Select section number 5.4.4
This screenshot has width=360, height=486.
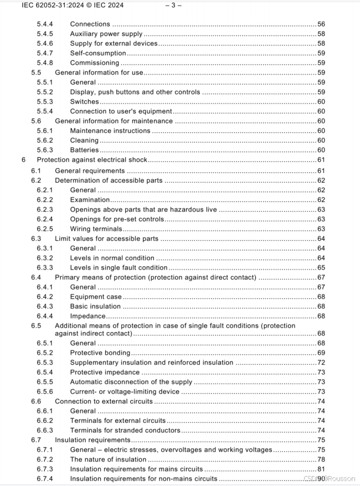click(45, 24)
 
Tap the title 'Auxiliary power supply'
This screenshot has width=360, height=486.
click(106, 34)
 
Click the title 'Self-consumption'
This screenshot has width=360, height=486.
click(98, 53)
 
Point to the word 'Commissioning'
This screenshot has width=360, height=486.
click(94, 63)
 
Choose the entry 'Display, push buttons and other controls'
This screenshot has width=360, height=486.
click(135, 92)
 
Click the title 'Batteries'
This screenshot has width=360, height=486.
click(85, 150)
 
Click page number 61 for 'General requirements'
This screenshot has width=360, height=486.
click(321, 170)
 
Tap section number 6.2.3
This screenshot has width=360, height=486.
click(45, 209)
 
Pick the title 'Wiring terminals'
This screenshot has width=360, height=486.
click(96, 229)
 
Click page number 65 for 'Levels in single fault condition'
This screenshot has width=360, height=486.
click(321, 268)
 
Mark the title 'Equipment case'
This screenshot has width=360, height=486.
click(96, 297)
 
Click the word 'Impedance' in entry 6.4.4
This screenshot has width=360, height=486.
click(88, 316)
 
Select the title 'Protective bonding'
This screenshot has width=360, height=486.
click(100, 353)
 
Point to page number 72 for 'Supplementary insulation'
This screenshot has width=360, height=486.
click(321, 363)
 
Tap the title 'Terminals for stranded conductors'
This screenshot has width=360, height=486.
click(125, 430)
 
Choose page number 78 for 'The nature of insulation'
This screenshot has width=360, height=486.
click(321, 459)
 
